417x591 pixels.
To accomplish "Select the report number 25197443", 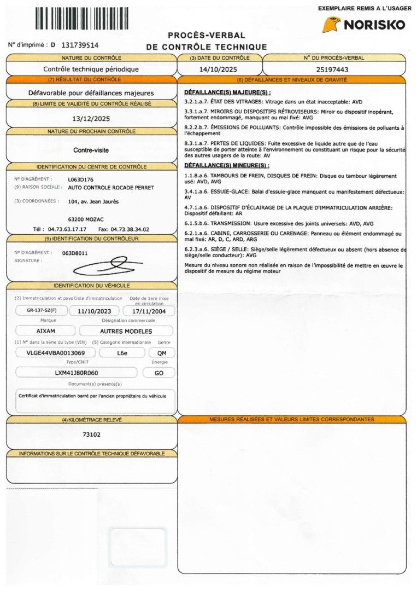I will [333, 69].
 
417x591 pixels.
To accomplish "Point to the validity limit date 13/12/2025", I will [91, 118].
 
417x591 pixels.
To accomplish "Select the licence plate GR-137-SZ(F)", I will [42, 310].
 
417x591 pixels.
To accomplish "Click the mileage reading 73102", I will [91, 434].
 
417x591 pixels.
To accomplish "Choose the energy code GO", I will [158, 373].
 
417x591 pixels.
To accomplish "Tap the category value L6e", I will [122, 352].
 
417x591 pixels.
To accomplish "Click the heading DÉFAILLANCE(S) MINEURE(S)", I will [227, 165].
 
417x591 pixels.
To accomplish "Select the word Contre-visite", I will [91, 149].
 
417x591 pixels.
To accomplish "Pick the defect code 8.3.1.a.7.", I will [197, 143].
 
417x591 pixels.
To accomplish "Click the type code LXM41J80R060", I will [77, 373].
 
